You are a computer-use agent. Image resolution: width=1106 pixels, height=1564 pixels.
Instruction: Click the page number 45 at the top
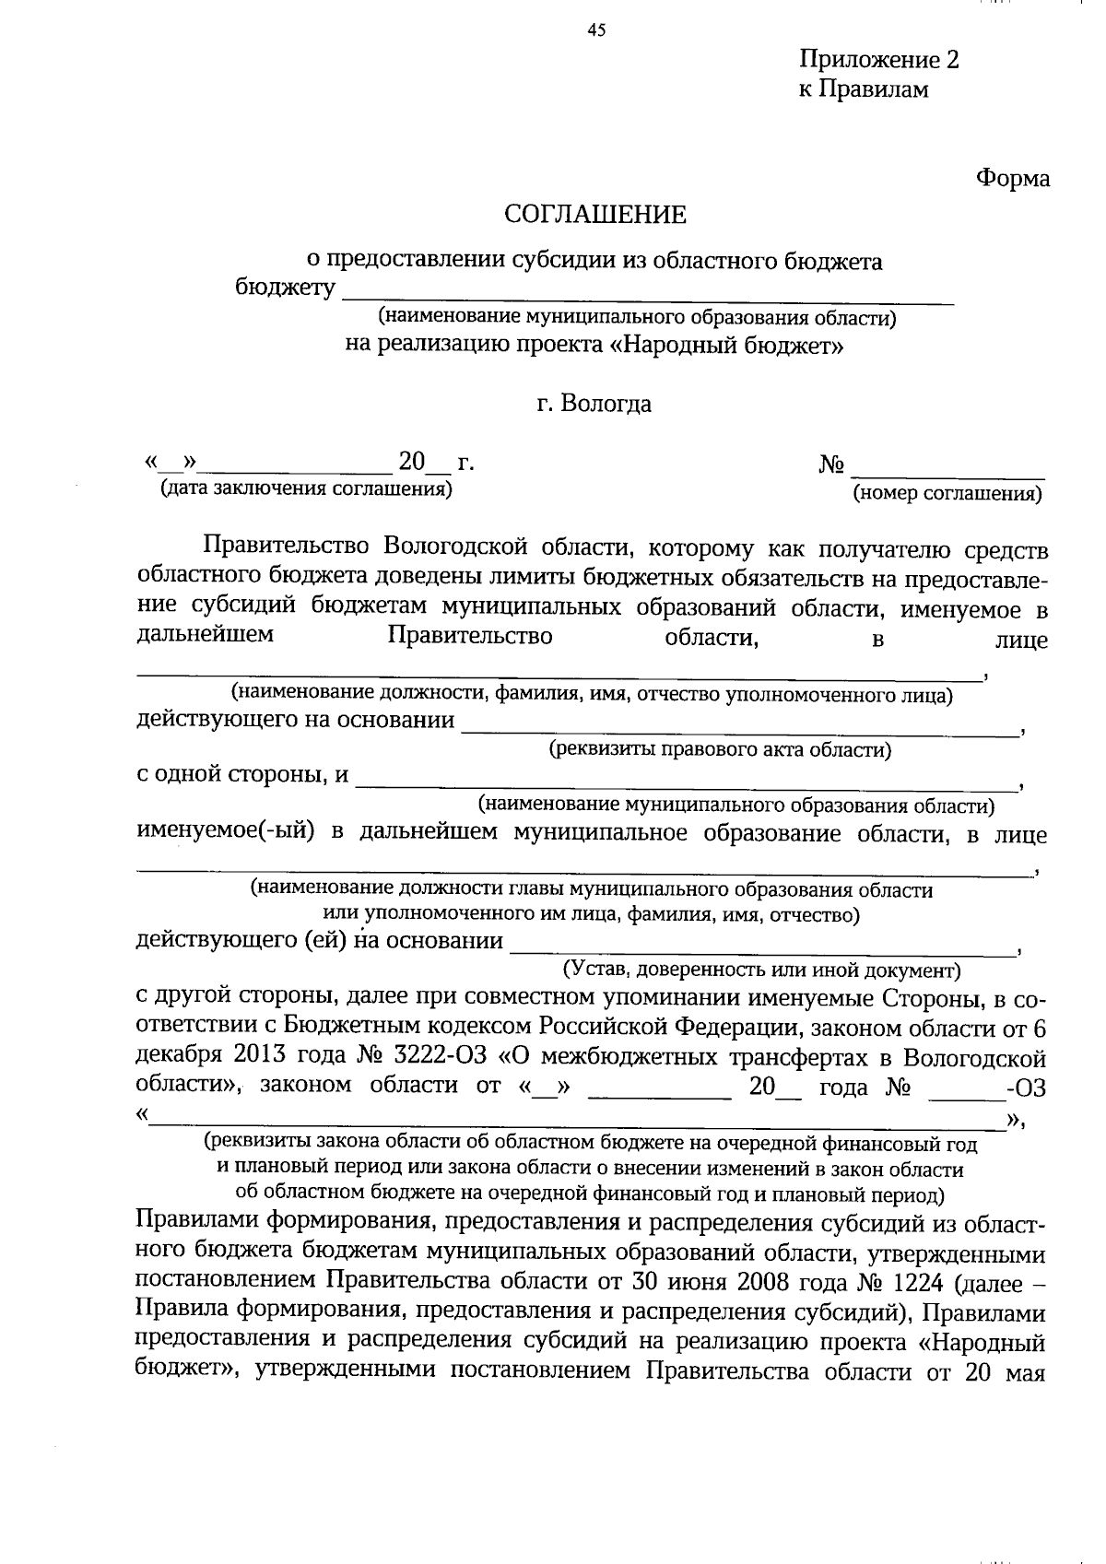596,30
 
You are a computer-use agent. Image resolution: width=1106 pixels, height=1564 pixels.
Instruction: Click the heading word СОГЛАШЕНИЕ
594,215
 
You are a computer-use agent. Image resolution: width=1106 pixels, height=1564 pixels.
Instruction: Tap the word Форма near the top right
1012,178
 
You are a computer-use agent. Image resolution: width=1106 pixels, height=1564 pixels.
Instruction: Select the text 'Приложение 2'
878,60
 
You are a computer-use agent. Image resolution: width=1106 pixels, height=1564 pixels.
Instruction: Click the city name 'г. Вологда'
594,404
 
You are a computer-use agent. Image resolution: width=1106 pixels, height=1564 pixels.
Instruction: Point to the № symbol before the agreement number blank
831,465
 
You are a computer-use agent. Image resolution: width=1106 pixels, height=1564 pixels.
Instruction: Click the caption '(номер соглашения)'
947,494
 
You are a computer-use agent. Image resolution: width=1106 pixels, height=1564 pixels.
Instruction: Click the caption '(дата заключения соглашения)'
306,488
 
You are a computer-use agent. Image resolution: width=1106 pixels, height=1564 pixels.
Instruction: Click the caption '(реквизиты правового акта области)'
720,749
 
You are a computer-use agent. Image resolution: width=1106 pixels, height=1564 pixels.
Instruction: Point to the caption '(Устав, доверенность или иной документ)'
761,970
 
